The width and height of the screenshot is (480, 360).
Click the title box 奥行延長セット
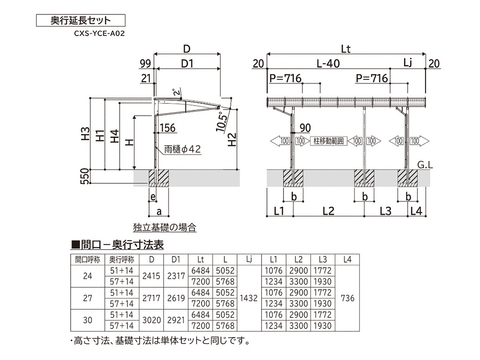(81, 20)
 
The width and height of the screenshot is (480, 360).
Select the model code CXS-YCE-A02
(99, 34)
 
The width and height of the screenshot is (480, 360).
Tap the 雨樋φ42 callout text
(182, 149)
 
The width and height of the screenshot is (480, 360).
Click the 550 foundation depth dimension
(84, 176)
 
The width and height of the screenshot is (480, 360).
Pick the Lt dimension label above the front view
(346, 49)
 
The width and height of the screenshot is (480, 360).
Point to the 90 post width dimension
(305, 128)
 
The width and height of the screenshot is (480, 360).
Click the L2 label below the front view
(328, 211)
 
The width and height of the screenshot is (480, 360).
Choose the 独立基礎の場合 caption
(165, 228)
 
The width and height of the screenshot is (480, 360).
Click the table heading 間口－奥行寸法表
(117, 244)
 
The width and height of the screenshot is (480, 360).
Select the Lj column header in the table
(249, 259)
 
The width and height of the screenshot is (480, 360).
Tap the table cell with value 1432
(249, 298)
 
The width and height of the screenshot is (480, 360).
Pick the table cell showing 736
(348, 298)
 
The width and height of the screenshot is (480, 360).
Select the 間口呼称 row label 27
(88, 298)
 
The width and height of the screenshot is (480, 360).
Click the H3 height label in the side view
(84, 134)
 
